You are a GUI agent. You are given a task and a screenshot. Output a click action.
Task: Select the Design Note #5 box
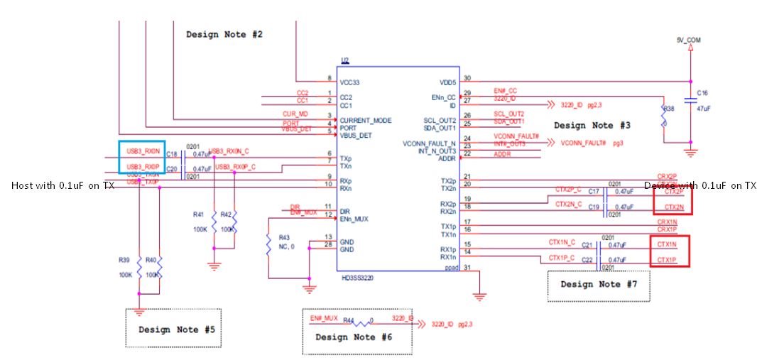(x=176, y=329)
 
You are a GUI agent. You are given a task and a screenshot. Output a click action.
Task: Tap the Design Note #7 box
(x=599, y=284)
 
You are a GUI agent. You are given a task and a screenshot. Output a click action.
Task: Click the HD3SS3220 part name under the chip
(x=356, y=278)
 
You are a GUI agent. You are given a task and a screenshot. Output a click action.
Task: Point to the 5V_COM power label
(x=689, y=40)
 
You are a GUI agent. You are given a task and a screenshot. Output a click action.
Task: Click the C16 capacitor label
(x=702, y=93)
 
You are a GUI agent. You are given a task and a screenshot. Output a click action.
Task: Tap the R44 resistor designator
(x=349, y=320)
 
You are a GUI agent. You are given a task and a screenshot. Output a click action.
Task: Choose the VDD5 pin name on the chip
(x=447, y=82)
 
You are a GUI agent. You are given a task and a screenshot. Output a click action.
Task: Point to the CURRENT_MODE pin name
(x=365, y=120)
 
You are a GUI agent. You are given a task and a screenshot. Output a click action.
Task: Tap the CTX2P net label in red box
(x=673, y=191)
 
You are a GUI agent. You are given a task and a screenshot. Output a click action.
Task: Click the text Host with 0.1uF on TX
(x=62, y=185)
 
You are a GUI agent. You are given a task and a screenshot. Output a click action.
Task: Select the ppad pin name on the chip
(x=450, y=268)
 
